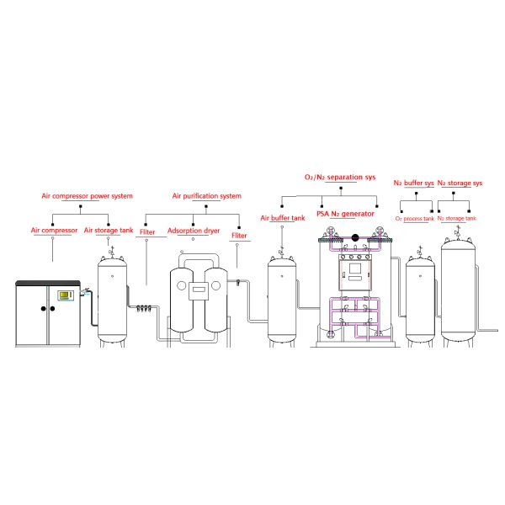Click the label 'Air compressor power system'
pos(88,196)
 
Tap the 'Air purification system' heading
pos(207,196)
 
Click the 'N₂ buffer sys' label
pos(414,183)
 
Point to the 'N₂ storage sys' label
pos(460,183)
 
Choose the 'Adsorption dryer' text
pos(193,230)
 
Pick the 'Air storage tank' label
pos(109,230)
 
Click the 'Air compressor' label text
pos(55,230)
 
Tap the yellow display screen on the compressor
pos(64,295)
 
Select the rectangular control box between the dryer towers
pos(199,291)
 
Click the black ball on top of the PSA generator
pos(355,238)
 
